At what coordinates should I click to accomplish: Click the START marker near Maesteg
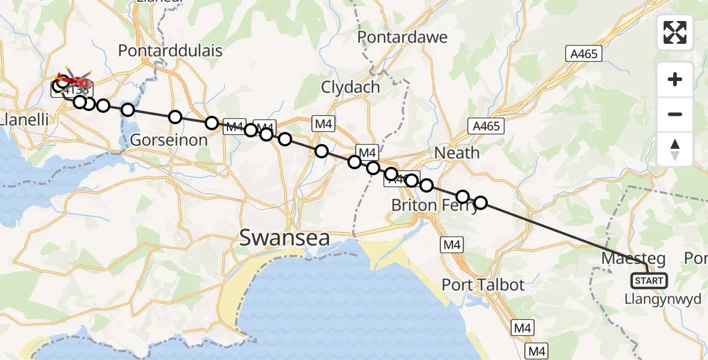pyautogui.click(x=649, y=280)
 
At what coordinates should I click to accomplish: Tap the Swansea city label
pyautogui.click(x=284, y=238)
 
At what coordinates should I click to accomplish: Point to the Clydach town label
pyautogui.click(x=350, y=87)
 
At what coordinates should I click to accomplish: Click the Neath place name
pyautogui.click(x=457, y=153)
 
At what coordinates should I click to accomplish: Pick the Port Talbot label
pyautogui.click(x=483, y=284)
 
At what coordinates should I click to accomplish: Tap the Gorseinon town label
pyautogui.click(x=169, y=140)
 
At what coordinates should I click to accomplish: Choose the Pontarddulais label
pyautogui.click(x=170, y=51)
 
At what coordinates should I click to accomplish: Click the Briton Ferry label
pyautogui.click(x=434, y=205)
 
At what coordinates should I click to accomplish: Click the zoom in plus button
pyautogui.click(x=675, y=79)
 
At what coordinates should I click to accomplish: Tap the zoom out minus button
pyautogui.click(x=675, y=114)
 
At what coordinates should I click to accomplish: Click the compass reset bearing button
pyautogui.click(x=675, y=149)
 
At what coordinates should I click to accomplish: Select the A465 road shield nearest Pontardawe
pyautogui.click(x=583, y=54)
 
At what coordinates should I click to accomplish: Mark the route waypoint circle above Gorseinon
pyautogui.click(x=175, y=116)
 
